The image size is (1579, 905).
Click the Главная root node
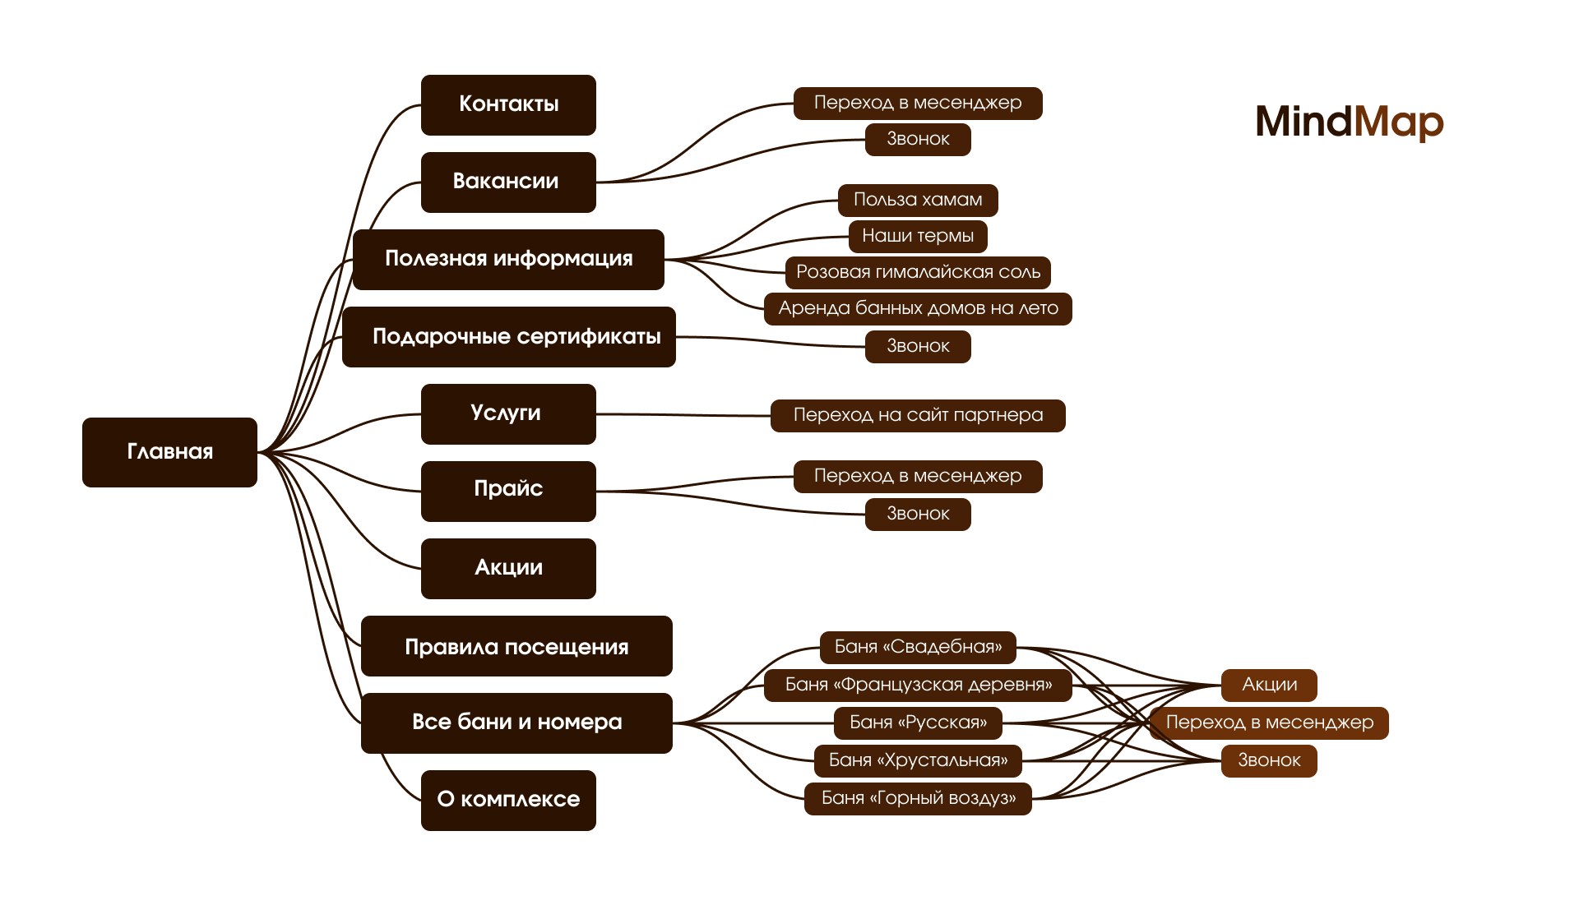point(169,452)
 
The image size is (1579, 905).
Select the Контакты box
point(508,104)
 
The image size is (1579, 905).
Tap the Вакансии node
point(508,182)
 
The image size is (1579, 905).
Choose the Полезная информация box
point(508,259)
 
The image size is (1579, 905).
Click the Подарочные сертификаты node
point(508,336)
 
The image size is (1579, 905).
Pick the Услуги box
point(508,413)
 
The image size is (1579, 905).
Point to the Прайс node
point(508,491)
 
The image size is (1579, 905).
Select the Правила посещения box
point(516,646)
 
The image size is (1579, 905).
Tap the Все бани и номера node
point(516,723)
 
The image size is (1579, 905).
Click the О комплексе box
point(508,800)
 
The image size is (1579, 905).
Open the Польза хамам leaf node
point(918,200)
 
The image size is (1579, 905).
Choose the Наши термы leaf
point(918,236)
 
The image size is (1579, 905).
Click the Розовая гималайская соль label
point(918,272)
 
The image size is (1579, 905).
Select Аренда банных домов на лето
point(918,308)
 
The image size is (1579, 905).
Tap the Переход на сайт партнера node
point(918,415)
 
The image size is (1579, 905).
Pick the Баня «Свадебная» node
point(918,647)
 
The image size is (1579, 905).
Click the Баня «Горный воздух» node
point(918,798)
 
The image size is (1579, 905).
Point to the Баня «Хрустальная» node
point(918,760)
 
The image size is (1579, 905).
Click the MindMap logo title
point(1349,122)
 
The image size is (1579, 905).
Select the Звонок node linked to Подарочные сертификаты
point(918,346)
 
